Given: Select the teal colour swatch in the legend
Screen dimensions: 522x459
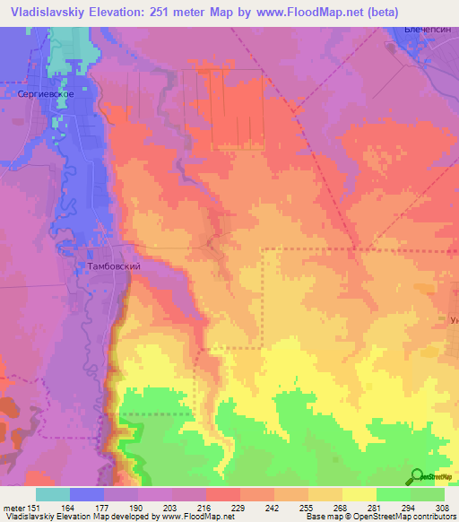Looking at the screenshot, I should (52, 493).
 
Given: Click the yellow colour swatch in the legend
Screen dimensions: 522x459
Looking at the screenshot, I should (359, 493).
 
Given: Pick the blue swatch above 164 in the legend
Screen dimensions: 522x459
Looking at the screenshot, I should (87, 493).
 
